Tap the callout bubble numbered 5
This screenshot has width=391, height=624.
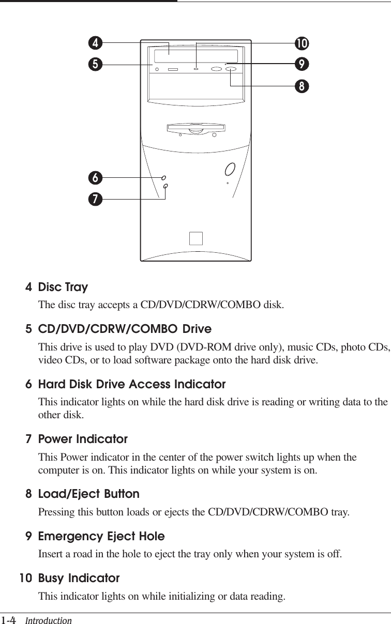(95, 65)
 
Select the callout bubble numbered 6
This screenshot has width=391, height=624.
(95, 177)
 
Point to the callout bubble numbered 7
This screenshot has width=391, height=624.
(95, 197)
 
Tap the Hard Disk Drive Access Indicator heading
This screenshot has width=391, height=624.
(132, 385)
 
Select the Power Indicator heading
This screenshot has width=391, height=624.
(83, 439)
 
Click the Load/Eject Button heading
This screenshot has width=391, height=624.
(89, 494)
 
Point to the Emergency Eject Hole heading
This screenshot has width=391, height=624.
(101, 536)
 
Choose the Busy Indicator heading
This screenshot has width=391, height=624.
(79, 577)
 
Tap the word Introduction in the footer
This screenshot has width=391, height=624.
(49, 619)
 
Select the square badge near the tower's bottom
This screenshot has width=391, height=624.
(196, 238)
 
